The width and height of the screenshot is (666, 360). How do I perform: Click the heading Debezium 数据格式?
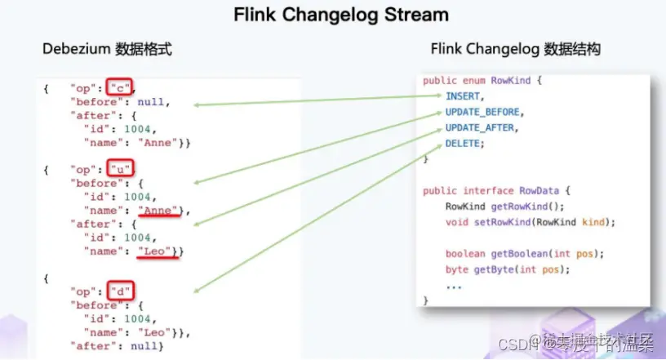point(107,50)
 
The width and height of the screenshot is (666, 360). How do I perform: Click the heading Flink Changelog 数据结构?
point(515,50)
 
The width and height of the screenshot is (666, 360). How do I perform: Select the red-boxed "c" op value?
point(121,88)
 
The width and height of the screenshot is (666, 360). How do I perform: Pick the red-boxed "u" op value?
point(120,170)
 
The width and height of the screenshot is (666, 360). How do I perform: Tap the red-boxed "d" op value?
point(120,291)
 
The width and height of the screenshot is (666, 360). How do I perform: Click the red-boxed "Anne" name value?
point(158,211)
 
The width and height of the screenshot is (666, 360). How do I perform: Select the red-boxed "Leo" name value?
point(155,251)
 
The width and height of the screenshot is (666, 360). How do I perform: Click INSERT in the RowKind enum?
point(463,96)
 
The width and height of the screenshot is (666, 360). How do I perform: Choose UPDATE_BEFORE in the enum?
point(484,112)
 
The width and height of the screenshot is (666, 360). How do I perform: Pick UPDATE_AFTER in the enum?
point(482,128)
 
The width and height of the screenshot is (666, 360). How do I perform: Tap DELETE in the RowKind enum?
point(463,144)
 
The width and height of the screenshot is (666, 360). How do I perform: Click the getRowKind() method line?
point(504,207)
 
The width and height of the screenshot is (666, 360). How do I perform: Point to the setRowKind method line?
point(530,222)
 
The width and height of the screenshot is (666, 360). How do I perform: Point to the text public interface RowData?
point(484,190)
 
